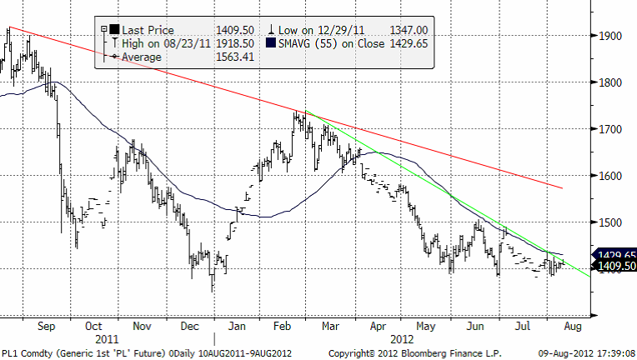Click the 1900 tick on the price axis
pos(609,36)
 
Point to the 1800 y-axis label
pos(609,82)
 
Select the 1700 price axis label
pos(609,129)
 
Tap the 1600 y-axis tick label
pos(609,176)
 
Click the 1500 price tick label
pos(609,222)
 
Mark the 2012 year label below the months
pos(402,339)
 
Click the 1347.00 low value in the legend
pos(411,28)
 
